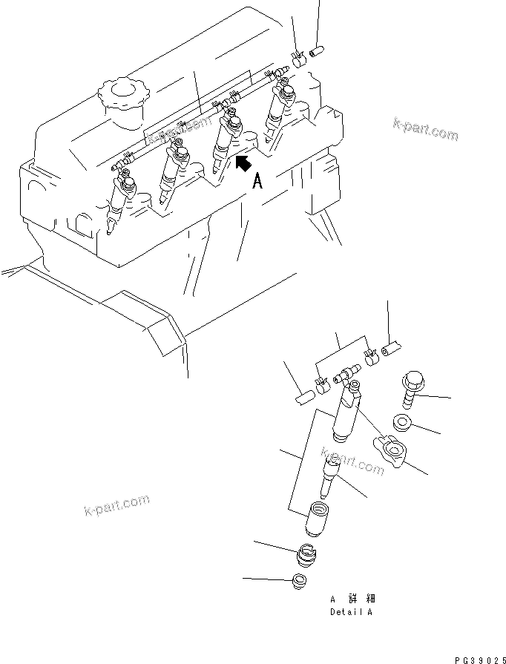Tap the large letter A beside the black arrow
pos(257,180)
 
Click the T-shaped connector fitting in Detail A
pos(346,376)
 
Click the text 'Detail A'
pos(351,613)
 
